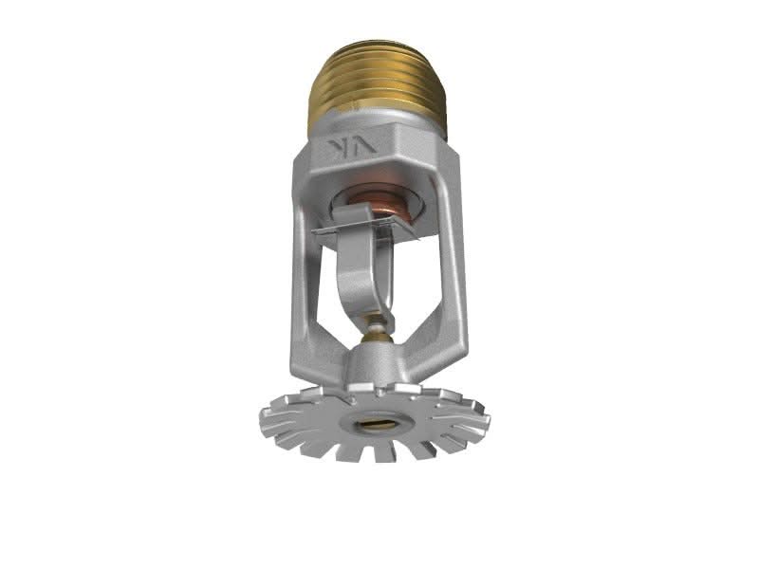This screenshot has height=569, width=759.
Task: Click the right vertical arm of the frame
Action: [x=454, y=256]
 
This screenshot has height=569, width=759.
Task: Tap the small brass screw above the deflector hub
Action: [x=378, y=331]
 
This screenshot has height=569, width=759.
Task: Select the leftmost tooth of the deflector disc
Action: [x=269, y=414]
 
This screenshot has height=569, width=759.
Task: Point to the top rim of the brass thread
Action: [x=377, y=45]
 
